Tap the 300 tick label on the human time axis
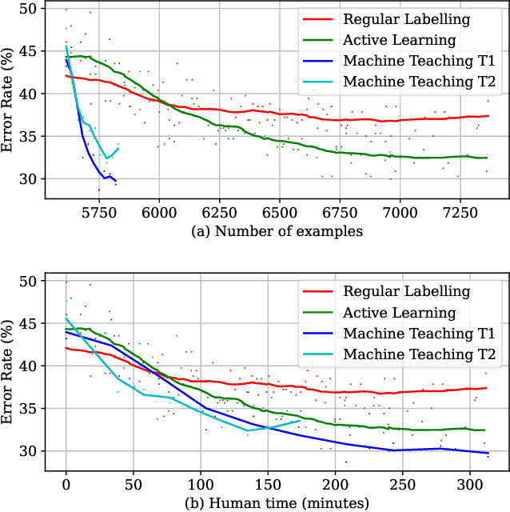pos(469,484)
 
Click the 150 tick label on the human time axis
pos(268,484)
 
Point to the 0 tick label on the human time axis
pos(66,484)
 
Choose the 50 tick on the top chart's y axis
pos(28,9)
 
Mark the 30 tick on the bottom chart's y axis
pos(28,451)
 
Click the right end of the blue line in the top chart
pos(115,181)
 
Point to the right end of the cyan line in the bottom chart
pos(300,421)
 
